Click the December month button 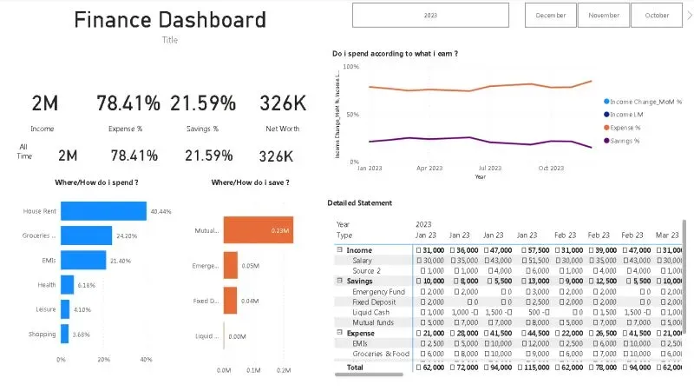(551, 15)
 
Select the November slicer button (604, 15)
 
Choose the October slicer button (657, 15)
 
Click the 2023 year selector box (430, 15)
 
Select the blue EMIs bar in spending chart (83, 260)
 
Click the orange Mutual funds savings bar (257, 230)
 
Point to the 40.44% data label (160, 211)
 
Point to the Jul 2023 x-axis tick (489, 169)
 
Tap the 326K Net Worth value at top (283, 103)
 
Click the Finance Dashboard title (170, 20)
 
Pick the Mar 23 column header (668, 235)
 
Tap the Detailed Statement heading (359, 202)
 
